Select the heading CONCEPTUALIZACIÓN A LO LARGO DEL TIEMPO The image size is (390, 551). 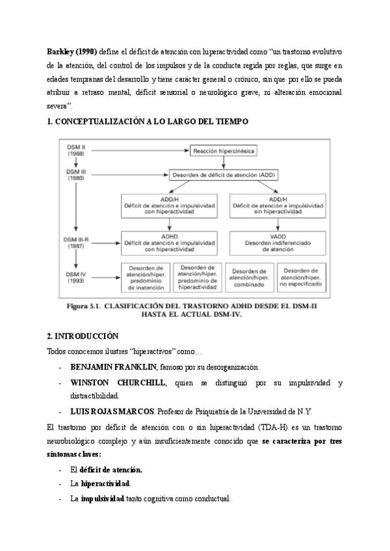(152, 121)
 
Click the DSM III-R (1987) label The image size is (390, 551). (77, 244)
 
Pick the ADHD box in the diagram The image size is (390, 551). (170, 242)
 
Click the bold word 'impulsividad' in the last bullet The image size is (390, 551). (102, 498)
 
